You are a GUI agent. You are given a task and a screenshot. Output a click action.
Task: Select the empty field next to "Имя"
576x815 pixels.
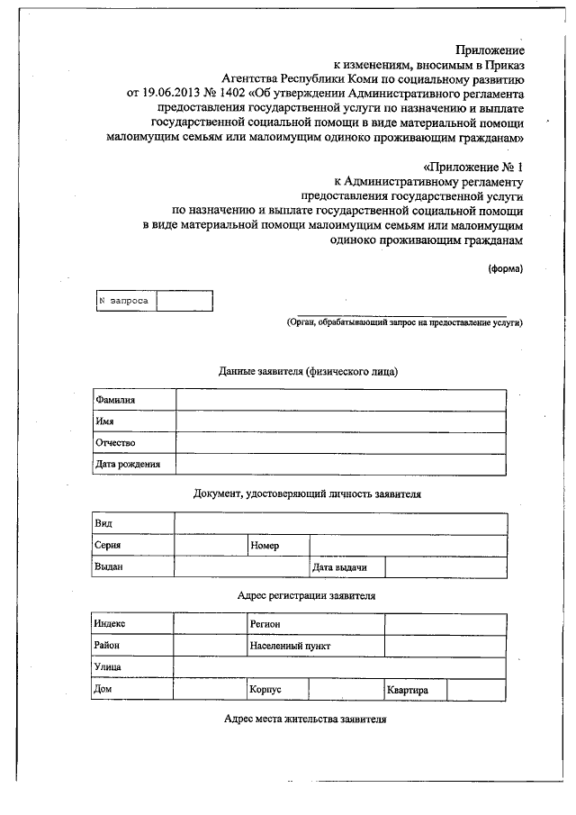click(340, 421)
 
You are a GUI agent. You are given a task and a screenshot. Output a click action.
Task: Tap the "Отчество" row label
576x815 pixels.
click(115, 443)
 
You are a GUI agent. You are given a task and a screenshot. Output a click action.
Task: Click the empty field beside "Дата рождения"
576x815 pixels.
click(340, 465)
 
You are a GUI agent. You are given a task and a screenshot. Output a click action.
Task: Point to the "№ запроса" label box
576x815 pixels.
click(125, 301)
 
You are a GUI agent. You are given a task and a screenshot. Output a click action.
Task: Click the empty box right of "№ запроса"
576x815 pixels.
click(184, 301)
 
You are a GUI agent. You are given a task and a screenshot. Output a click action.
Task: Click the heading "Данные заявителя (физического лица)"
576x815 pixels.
click(308, 371)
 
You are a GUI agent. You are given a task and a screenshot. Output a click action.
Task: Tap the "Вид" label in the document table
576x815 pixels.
click(103, 523)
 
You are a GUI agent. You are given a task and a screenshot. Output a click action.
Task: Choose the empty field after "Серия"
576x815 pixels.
click(210, 546)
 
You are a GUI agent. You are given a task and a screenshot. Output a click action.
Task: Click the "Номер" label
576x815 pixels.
click(265, 546)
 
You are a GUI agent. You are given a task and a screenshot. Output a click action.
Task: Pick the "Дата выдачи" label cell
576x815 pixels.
click(335, 567)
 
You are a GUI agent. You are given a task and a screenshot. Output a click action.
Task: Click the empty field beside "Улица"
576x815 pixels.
click(340, 667)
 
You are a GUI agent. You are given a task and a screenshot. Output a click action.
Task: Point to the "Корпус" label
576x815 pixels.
click(266, 690)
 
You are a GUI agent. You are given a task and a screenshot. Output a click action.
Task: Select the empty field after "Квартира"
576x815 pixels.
click(476, 690)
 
